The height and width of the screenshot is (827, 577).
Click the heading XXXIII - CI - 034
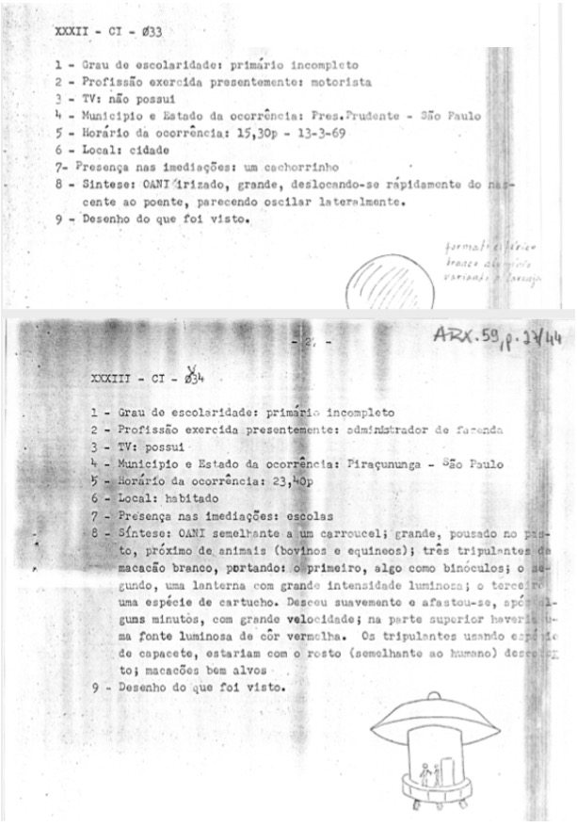[148, 379]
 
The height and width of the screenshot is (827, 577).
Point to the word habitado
[195, 498]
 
